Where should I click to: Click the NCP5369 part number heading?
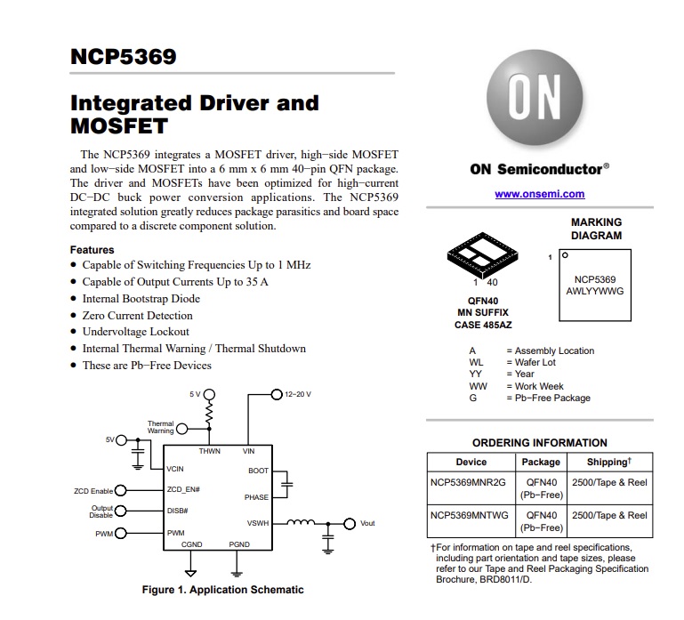(123, 57)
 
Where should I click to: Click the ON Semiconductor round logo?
(535, 97)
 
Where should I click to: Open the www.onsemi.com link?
(540, 194)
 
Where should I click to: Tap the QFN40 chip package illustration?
(482, 254)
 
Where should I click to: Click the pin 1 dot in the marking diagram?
(565, 255)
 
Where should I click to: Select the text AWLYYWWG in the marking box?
(595, 292)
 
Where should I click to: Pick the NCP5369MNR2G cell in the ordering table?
(468, 482)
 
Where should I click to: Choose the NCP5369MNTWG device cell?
(470, 515)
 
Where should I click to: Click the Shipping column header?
(609, 462)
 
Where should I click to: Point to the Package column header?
(541, 462)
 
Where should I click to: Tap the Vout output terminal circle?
(350, 524)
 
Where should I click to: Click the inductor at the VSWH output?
(301, 522)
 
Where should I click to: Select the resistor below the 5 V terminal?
(209, 413)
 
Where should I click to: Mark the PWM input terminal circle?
(120, 533)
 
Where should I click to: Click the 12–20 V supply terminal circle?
(277, 394)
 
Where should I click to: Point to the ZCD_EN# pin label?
(183, 489)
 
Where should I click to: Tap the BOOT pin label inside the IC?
(258, 471)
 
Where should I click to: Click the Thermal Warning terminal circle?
(182, 429)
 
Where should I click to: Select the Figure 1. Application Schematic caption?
(222, 590)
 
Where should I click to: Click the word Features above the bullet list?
(92, 250)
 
